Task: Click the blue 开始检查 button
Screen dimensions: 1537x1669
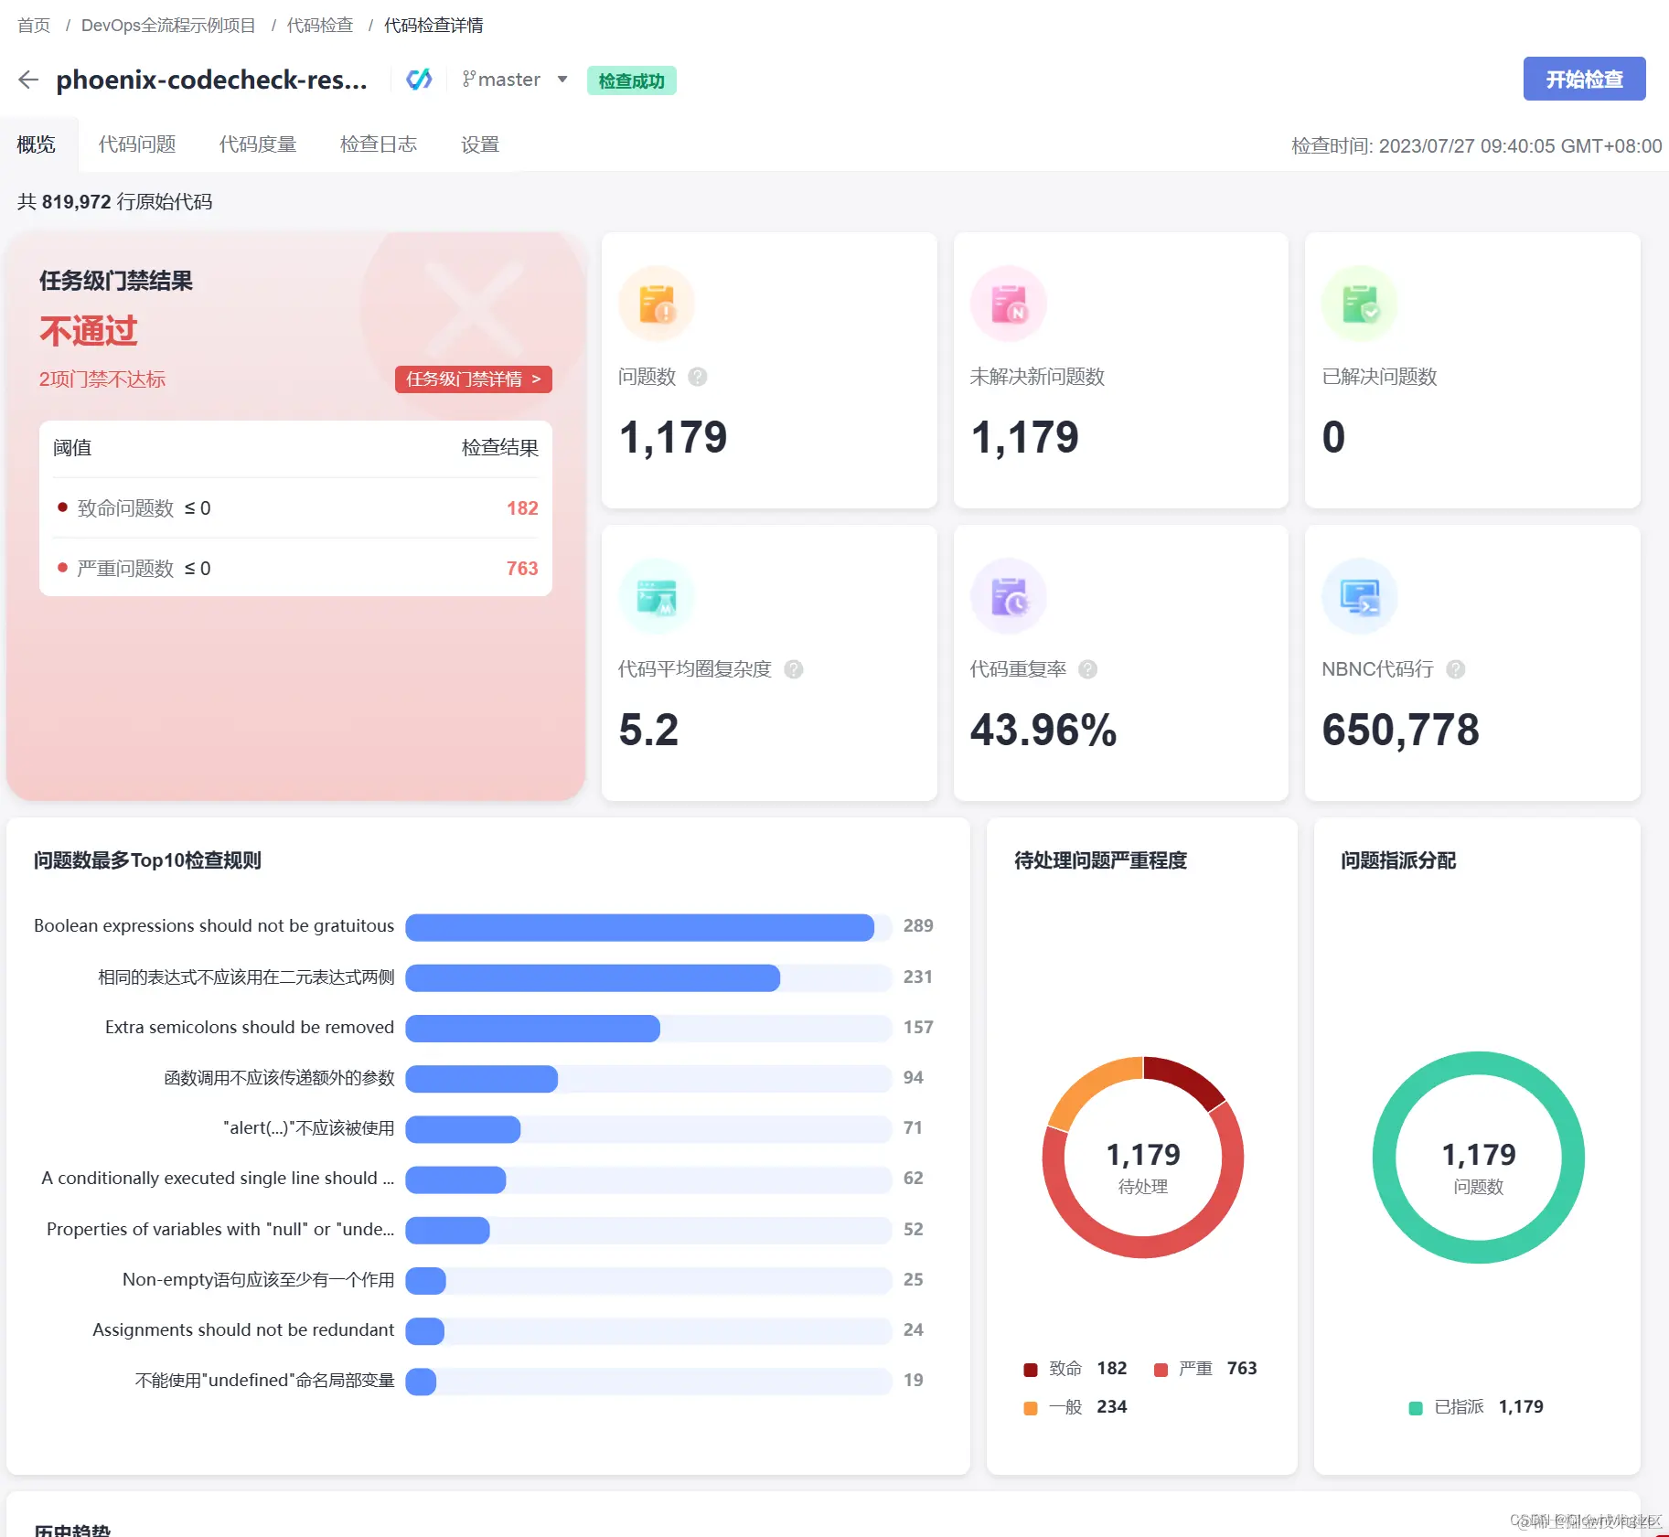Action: coord(1583,80)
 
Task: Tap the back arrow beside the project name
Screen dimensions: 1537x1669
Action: coord(28,80)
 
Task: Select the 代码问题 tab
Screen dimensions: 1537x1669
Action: coord(137,144)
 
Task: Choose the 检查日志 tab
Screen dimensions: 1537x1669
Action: coord(378,144)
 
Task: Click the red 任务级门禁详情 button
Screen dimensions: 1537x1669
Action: coord(473,379)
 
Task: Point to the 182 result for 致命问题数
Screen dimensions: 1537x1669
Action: coord(522,508)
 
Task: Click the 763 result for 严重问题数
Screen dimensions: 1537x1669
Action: coord(522,569)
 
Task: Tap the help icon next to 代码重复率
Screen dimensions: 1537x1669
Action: coord(1087,669)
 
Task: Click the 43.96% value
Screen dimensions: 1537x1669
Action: coord(1043,730)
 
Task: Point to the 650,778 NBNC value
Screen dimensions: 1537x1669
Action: coord(1399,730)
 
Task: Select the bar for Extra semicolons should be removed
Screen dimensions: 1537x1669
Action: coord(532,1028)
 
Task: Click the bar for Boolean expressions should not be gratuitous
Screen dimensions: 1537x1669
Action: coord(639,927)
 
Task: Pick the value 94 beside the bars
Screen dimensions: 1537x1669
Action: coord(913,1078)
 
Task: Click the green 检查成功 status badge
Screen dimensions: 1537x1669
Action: coord(631,80)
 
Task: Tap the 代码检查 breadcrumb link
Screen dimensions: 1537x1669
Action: coord(319,25)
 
